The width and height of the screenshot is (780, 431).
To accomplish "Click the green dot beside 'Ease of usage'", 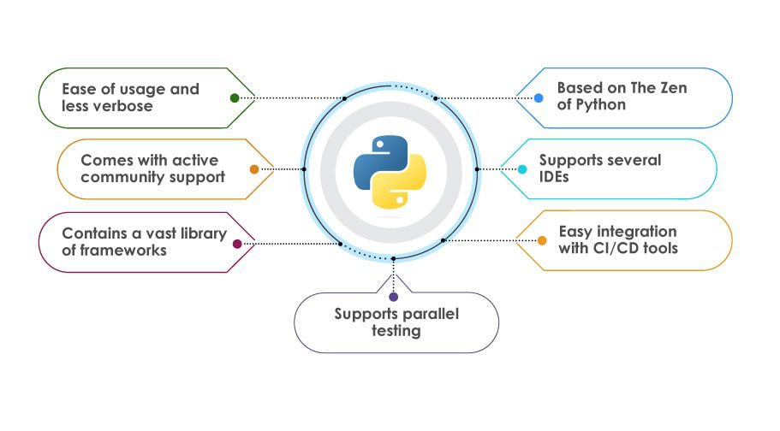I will click(x=235, y=98).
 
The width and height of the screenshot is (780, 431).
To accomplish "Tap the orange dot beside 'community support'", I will click(x=254, y=169).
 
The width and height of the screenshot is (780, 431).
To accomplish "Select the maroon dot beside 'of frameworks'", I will click(x=237, y=244).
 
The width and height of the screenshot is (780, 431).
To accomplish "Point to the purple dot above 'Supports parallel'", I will click(x=393, y=297).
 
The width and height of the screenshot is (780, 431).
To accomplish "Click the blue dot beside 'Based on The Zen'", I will click(x=539, y=98).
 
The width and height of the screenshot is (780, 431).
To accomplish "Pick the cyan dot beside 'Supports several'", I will click(x=522, y=169).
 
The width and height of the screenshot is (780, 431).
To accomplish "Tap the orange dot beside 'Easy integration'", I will click(x=542, y=240).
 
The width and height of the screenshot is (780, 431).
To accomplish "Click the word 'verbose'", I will click(x=125, y=106).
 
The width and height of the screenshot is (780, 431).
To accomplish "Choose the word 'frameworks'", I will click(x=128, y=251).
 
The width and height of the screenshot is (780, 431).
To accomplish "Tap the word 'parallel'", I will click(x=432, y=314).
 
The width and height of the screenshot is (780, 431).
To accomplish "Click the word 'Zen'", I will click(x=672, y=88).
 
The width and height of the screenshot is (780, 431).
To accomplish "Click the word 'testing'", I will click(x=396, y=331).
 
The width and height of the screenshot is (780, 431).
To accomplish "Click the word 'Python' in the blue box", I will click(x=600, y=105).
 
